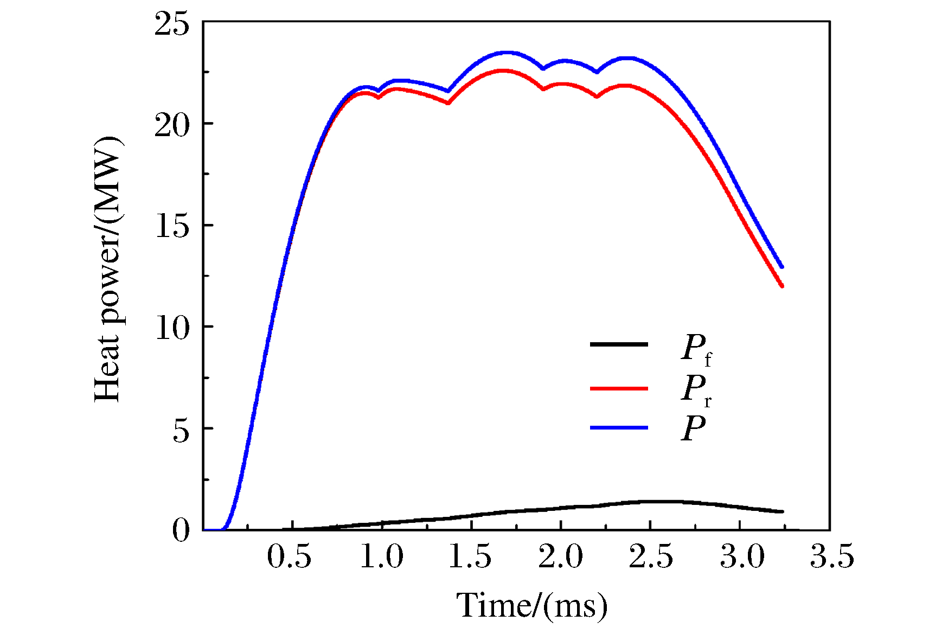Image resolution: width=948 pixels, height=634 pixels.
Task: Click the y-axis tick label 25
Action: pos(172,25)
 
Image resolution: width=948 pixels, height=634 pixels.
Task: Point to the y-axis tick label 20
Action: pos(172,126)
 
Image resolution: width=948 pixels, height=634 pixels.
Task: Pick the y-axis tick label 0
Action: pos(182,530)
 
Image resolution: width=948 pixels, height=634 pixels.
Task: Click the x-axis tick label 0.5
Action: pos(289,557)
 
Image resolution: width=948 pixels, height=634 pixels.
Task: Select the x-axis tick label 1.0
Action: pos(381,557)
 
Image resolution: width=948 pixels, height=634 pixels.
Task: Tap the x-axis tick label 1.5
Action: pos(470,557)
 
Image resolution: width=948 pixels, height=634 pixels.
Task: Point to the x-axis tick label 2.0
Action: pos(560,557)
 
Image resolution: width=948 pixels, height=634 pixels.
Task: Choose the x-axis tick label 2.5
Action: pos(650,557)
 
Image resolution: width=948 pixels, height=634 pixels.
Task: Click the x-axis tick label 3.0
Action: pos(741,557)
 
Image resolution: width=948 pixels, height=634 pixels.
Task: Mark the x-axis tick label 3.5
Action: pos(831,557)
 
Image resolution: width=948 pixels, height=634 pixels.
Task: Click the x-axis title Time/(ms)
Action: pos(531,606)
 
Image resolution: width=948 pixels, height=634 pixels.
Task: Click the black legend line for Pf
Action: pos(619,344)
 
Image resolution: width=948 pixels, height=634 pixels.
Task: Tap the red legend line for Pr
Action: pos(619,388)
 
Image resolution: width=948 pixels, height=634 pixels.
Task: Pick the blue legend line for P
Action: pos(619,428)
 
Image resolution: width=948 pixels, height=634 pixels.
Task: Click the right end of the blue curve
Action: pos(782,266)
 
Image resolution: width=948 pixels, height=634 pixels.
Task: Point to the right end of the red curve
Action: pos(782,285)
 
